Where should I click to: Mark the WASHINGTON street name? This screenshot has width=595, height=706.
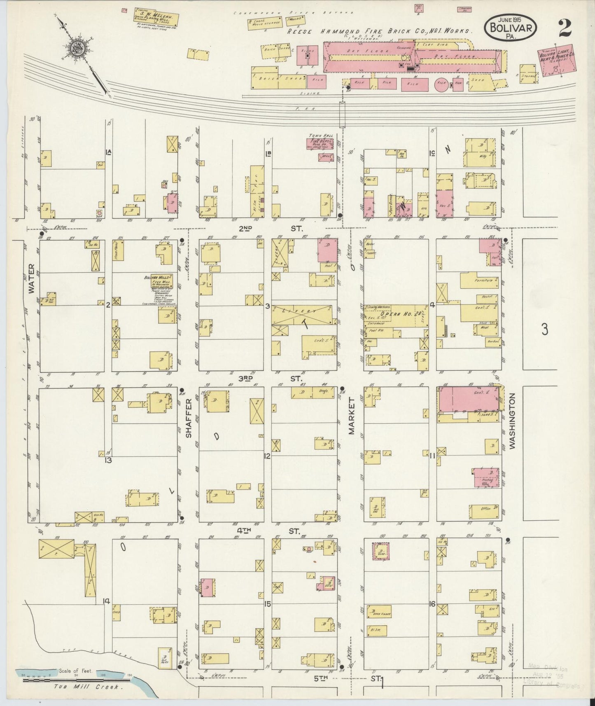512,421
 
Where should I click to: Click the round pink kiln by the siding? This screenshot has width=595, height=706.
442,84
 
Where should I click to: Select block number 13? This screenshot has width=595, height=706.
108,460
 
